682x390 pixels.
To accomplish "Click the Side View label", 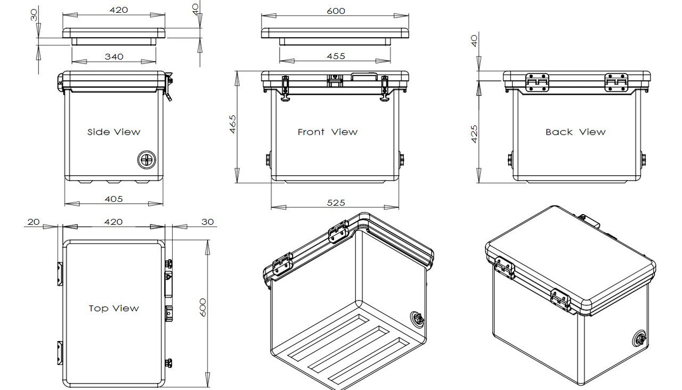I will tap(113, 132).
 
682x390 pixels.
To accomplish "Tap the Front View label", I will tap(327, 132).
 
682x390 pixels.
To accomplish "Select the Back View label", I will tap(575, 132).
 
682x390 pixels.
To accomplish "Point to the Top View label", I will tap(113, 308).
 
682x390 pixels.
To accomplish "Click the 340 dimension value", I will tap(114, 56).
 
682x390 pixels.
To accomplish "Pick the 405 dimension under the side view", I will tap(113, 199).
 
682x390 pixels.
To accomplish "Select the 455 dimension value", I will tap(336, 56).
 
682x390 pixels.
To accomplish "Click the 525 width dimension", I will tap(336, 202).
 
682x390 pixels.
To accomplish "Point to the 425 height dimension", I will tap(474, 134).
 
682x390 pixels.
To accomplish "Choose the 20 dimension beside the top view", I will tap(33, 222).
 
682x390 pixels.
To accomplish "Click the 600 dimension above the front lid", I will tap(336, 11).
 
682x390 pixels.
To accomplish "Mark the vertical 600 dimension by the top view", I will tap(202, 308).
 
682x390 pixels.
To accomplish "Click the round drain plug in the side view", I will tap(147, 159).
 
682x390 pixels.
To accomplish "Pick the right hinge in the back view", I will tap(616, 83).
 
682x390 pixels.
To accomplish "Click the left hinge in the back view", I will tap(537, 83).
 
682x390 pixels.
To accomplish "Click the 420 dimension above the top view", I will tap(113, 222).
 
